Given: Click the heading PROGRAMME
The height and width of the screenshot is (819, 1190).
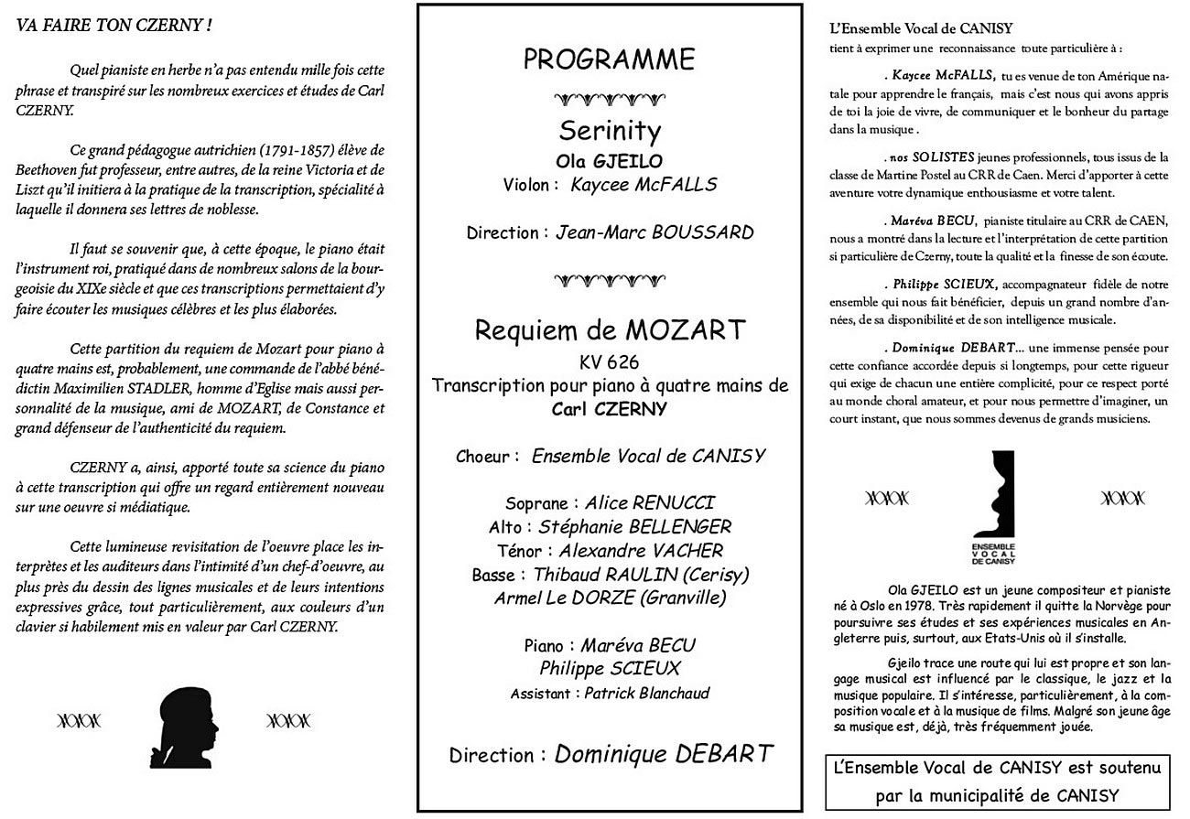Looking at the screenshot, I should [609, 60].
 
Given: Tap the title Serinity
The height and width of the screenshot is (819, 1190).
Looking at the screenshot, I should [610, 131].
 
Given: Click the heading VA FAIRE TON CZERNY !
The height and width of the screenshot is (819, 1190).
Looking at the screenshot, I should [114, 25].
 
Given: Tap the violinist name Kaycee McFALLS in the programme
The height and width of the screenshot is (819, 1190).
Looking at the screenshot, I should [644, 185].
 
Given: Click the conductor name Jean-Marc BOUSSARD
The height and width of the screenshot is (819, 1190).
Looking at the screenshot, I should [654, 232].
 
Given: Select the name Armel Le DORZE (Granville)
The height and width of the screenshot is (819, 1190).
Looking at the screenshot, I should [610, 598].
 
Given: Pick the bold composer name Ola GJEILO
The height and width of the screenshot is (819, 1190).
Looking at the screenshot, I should [609, 160].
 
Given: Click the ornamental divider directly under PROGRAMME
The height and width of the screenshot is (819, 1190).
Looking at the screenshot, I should [609, 98].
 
